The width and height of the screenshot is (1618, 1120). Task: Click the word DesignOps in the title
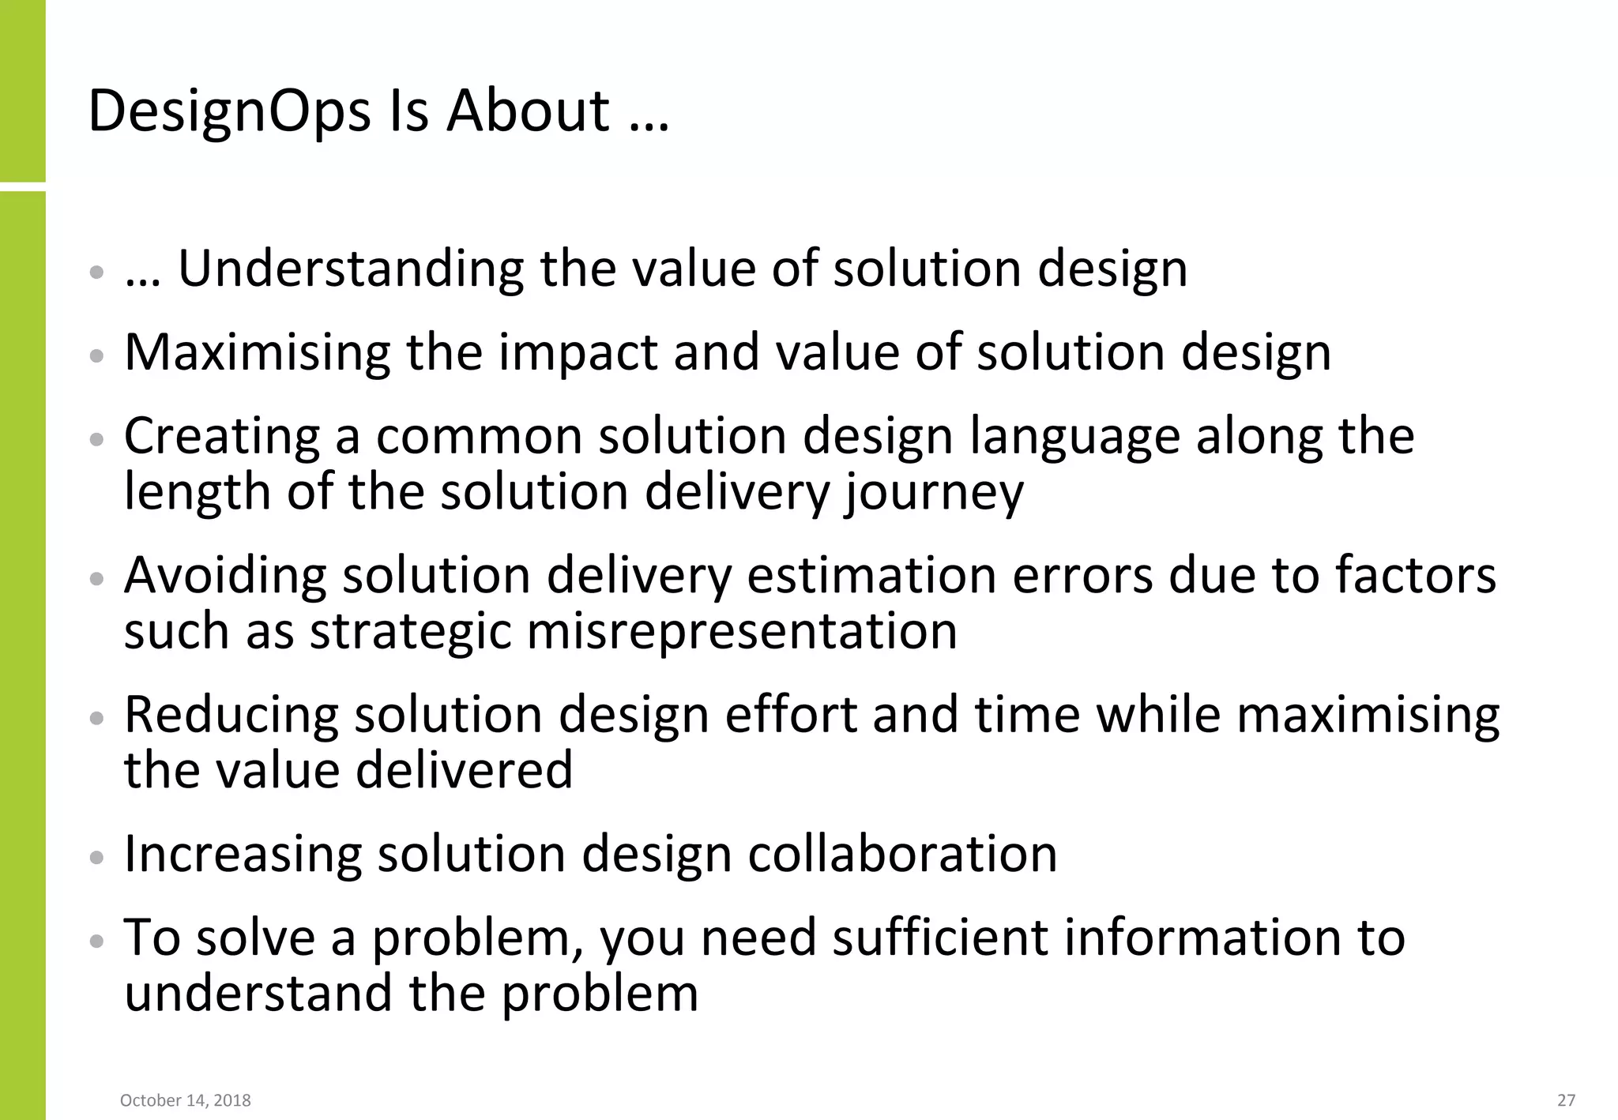229,111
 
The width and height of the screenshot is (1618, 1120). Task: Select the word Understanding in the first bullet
351,269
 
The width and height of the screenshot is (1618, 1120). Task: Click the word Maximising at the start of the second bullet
258,352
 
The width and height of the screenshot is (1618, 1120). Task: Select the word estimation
871,575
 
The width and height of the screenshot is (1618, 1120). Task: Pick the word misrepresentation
742,632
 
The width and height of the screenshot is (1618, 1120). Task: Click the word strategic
410,632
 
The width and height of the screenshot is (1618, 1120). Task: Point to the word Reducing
231,715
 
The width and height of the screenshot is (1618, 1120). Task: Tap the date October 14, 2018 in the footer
186,1100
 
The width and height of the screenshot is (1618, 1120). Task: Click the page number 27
1566,1100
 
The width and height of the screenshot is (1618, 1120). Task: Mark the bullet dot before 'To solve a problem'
96,941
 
